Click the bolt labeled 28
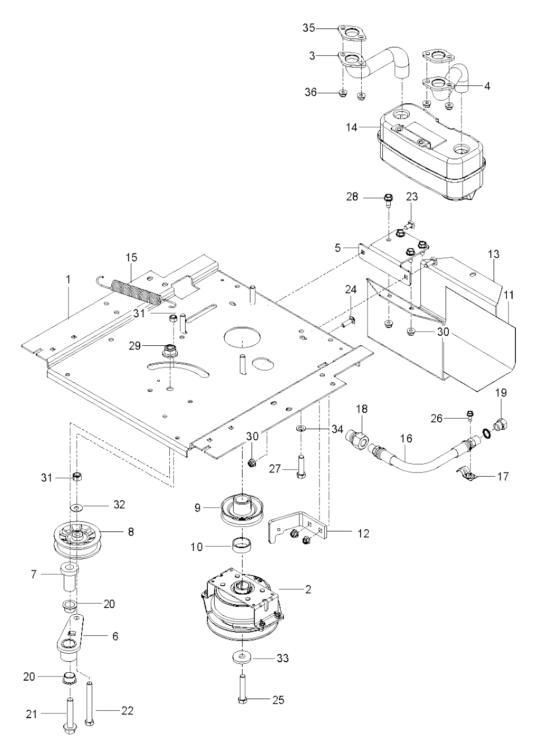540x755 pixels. point(387,199)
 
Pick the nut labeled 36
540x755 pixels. point(342,93)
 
